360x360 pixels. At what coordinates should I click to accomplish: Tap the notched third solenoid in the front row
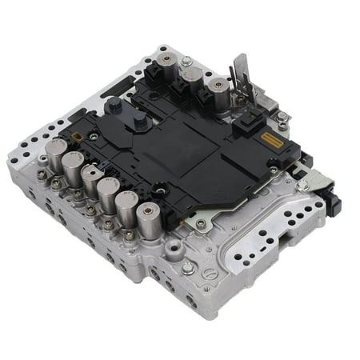click(91, 180)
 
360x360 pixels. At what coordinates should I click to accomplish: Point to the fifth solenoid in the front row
click(128, 206)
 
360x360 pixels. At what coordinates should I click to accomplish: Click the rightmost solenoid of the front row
click(146, 218)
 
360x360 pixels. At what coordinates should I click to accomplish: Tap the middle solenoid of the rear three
click(190, 79)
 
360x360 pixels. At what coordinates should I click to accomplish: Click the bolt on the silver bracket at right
click(302, 185)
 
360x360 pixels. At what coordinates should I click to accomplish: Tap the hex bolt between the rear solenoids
click(186, 61)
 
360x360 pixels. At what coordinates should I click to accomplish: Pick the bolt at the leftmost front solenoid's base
click(41, 175)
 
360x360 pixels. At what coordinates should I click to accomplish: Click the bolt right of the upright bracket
click(282, 118)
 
